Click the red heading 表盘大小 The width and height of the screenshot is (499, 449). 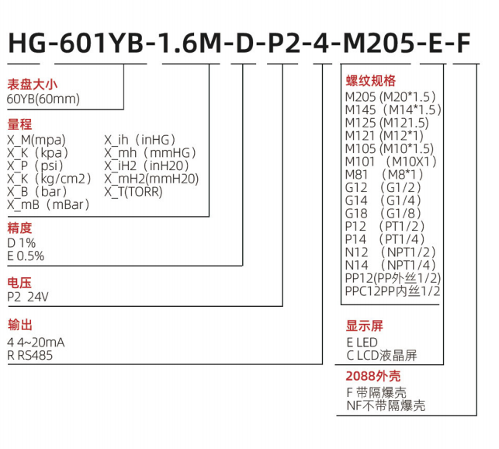[33, 84]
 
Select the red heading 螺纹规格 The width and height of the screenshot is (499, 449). [370, 81]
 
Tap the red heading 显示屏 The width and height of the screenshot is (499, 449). [364, 326]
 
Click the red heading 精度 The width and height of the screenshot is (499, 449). [19, 228]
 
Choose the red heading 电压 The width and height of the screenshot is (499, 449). [19, 281]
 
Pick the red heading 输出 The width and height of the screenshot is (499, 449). [19, 325]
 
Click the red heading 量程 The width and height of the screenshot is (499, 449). [19, 125]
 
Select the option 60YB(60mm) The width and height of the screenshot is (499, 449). [43, 99]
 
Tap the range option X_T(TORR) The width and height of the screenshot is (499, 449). [133, 192]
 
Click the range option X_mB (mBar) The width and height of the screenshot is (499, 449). [49, 205]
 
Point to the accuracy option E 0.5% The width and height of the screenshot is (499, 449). [26, 256]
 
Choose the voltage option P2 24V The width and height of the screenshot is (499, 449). [28, 296]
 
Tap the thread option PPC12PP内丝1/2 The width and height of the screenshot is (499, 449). [393, 291]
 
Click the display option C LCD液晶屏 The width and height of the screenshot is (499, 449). [381, 355]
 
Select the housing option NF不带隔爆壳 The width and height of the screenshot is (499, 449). [386, 405]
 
